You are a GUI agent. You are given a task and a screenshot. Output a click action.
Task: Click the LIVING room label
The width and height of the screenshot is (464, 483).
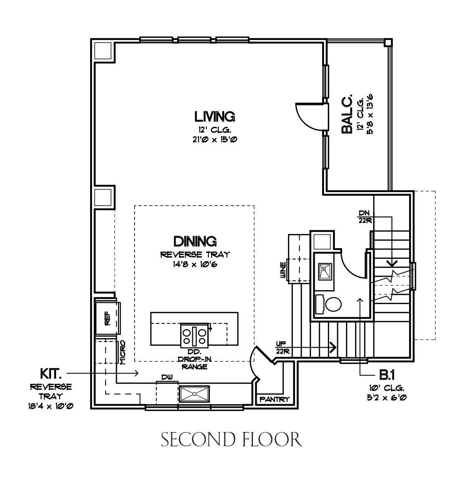click(x=214, y=117)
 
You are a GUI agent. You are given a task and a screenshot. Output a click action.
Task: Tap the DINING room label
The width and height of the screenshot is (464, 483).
click(x=195, y=241)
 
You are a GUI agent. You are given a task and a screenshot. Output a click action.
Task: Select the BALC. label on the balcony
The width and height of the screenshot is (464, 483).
click(x=347, y=114)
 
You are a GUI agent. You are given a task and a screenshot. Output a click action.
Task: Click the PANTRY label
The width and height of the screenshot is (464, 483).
click(x=275, y=400)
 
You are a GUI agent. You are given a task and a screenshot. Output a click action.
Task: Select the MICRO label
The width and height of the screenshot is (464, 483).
click(x=123, y=352)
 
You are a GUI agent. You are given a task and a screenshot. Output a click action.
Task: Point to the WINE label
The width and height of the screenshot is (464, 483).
click(x=283, y=270)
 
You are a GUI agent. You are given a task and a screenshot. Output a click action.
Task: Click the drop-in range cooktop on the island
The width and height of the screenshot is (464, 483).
click(x=194, y=335)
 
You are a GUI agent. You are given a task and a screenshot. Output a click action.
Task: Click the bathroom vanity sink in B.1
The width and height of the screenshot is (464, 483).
click(x=325, y=272)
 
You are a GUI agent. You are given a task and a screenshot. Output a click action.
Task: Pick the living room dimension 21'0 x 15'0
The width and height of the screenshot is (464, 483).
click(x=215, y=139)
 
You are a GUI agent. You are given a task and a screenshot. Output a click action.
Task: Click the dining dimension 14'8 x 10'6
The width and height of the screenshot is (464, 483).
click(x=195, y=265)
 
